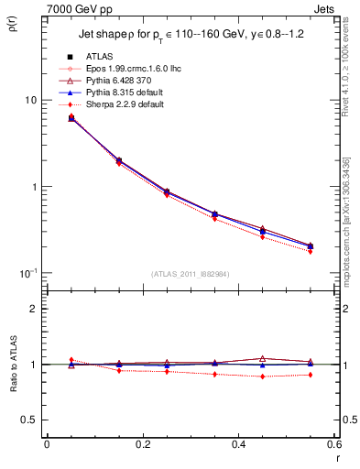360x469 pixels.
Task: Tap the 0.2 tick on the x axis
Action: click(142, 444)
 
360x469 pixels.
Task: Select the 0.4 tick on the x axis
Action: click(238, 444)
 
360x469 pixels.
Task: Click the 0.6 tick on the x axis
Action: click(333, 444)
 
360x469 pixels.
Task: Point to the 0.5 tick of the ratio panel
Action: click(29, 420)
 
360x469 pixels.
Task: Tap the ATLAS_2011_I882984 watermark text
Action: click(190, 274)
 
